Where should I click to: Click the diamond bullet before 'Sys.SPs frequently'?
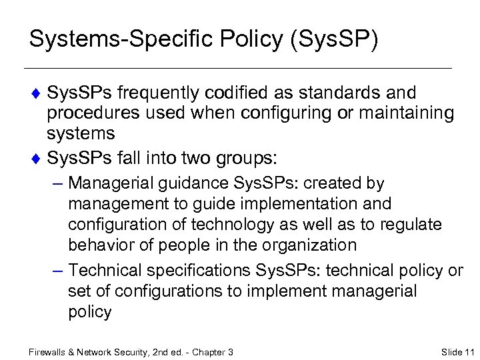(x=36, y=93)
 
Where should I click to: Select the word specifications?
(x=197, y=270)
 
